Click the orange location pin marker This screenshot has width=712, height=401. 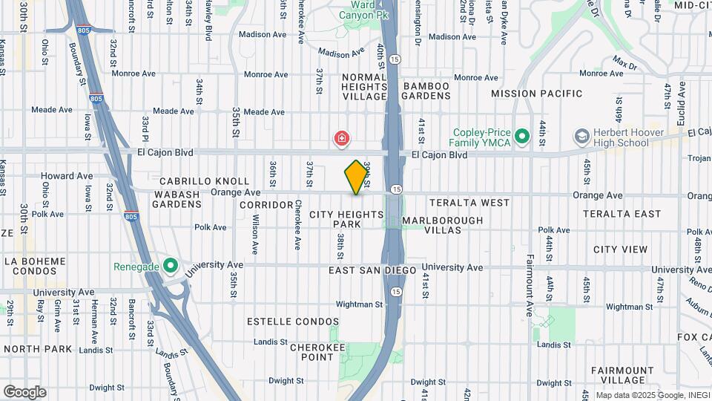point(357,177)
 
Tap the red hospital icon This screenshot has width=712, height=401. point(341,138)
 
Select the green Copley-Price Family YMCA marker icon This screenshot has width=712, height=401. point(521,137)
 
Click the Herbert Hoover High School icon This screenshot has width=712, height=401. point(581,137)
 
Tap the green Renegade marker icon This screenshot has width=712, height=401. point(171,265)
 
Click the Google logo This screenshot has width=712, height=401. point(24,392)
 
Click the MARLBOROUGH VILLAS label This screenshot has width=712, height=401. point(442,225)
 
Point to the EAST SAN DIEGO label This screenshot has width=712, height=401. point(369,270)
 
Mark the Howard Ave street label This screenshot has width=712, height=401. point(67,176)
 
